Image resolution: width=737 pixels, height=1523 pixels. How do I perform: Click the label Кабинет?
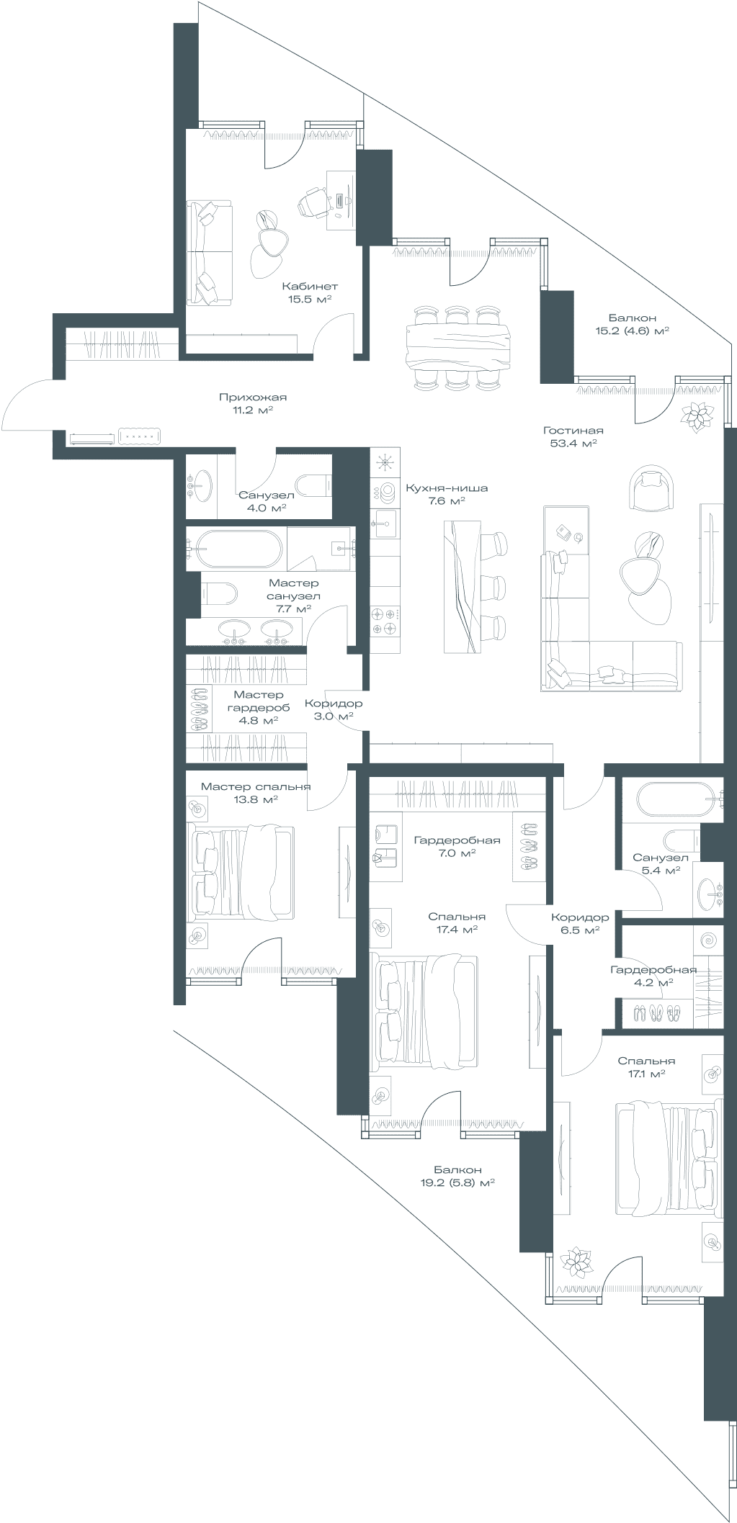point(310,286)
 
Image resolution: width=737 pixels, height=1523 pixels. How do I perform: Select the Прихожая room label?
point(253,397)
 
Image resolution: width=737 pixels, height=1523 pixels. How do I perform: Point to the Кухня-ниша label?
point(447,488)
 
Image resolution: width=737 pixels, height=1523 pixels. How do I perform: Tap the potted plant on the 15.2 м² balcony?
point(697,415)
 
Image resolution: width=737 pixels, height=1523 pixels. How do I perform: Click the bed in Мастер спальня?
point(241,873)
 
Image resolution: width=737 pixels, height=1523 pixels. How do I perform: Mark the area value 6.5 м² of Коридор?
point(579,930)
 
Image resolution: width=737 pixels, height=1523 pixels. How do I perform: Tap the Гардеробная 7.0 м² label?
point(457,846)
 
